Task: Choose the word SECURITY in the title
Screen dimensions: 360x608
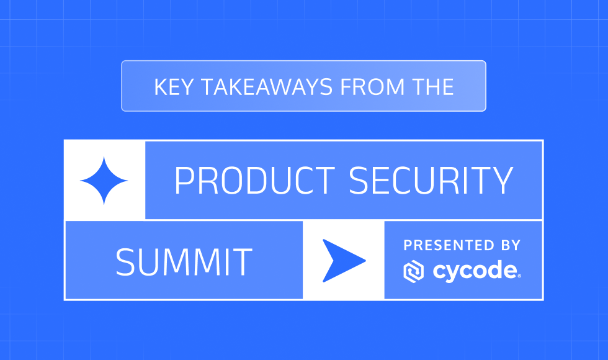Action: (x=431, y=181)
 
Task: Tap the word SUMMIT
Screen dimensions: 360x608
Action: (x=184, y=261)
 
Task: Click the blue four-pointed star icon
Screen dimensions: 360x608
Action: (x=104, y=181)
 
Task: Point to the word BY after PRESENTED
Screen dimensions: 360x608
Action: (x=507, y=245)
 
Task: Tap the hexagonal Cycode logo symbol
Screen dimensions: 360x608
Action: (x=414, y=271)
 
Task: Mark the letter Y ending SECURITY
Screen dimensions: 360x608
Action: (x=503, y=181)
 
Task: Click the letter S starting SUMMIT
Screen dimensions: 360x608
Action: (x=125, y=261)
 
